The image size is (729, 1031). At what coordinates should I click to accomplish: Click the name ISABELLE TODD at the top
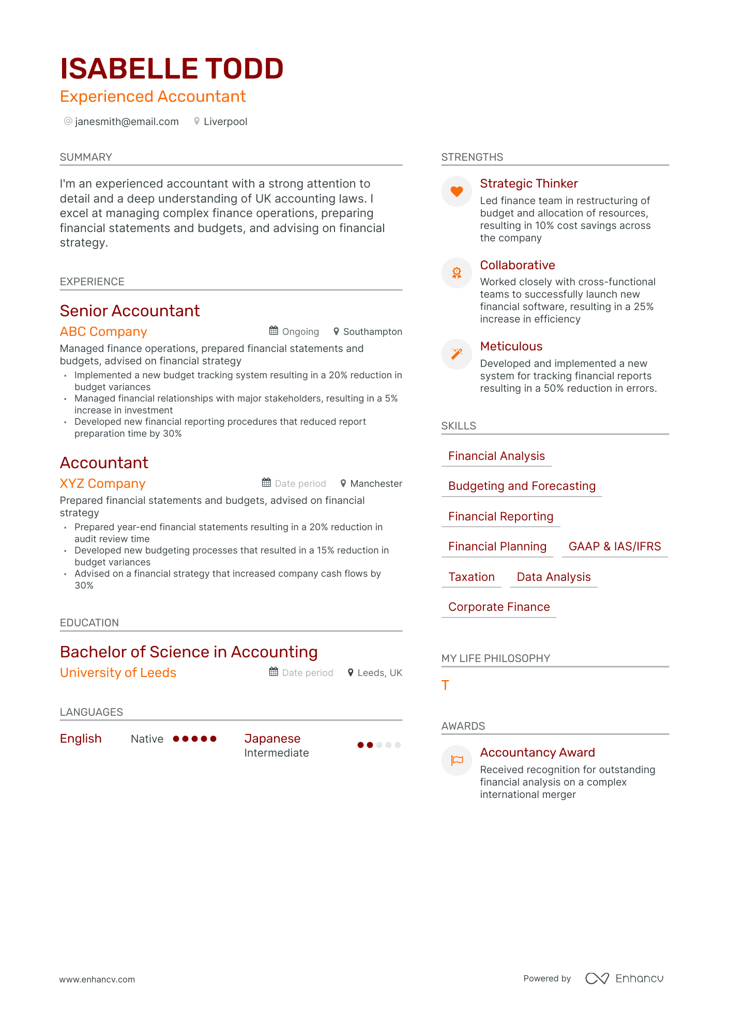(x=172, y=69)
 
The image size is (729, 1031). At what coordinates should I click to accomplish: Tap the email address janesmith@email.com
(x=127, y=121)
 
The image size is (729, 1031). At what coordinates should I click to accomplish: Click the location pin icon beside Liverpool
(x=196, y=121)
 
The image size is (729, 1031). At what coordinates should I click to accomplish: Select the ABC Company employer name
(x=103, y=332)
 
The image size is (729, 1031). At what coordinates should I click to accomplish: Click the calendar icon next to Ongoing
(x=274, y=331)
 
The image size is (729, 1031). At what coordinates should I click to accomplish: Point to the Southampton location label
(x=372, y=332)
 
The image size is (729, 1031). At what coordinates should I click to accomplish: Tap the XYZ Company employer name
(x=102, y=484)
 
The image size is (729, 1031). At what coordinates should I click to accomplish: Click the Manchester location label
(x=376, y=484)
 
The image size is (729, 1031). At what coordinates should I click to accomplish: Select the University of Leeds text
(x=118, y=673)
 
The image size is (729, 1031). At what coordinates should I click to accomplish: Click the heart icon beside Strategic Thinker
(x=457, y=191)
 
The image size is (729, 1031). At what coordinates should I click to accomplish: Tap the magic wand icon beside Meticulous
(x=457, y=354)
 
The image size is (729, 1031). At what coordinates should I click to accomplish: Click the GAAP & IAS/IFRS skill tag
(x=614, y=547)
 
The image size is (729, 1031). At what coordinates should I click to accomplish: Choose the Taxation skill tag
(x=471, y=577)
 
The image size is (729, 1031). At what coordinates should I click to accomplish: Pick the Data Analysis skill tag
(x=553, y=577)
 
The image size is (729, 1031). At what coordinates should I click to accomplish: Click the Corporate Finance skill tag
(x=498, y=607)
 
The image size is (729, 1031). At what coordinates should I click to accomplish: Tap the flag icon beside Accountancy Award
(x=457, y=760)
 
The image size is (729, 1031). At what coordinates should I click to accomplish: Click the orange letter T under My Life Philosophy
(x=445, y=686)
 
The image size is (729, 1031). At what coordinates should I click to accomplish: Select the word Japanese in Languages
(x=272, y=738)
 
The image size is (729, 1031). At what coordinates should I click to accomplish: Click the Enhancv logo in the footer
(x=624, y=978)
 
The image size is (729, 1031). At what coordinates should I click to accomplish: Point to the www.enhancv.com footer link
(x=97, y=979)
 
